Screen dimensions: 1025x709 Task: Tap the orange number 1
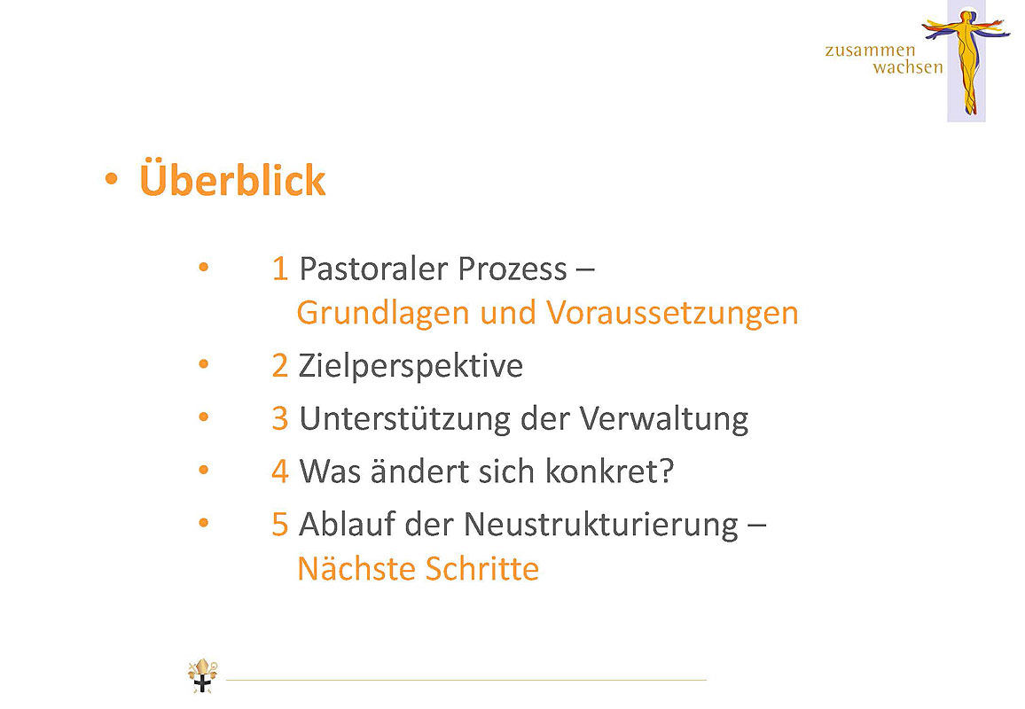pos(280,269)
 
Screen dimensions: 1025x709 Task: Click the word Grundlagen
pos(383,312)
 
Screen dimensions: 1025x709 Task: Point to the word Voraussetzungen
pos(672,313)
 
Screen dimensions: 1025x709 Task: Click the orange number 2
pos(280,366)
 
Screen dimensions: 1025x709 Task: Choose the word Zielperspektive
pos(411,366)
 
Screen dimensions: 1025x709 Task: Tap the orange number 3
pos(280,419)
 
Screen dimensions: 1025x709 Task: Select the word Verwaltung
pos(663,419)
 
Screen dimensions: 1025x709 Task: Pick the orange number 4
pos(280,471)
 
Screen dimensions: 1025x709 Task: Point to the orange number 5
pos(280,525)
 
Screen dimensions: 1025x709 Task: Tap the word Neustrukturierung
pos(601,525)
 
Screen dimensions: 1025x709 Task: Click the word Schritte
pos(482,568)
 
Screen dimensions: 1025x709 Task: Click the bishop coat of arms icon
pos(203,675)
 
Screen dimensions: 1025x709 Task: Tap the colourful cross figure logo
pos(966,61)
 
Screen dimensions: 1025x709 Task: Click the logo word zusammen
pos(870,51)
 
